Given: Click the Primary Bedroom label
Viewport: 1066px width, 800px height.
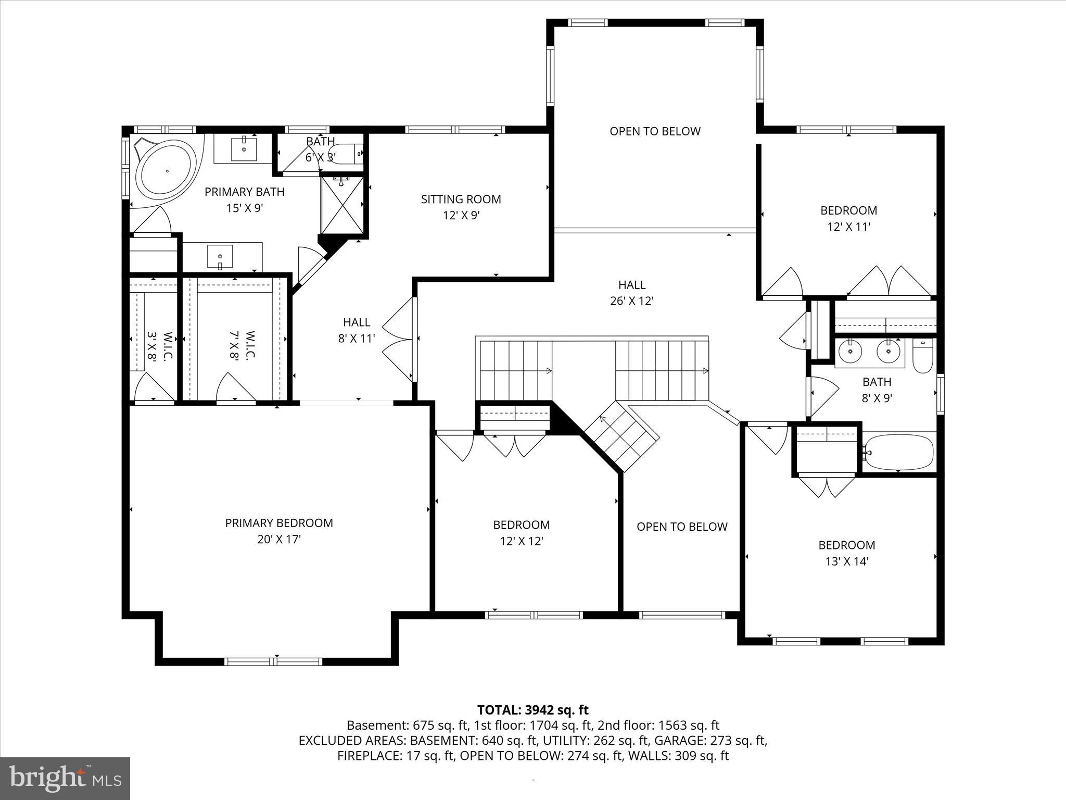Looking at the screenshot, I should coord(279,523).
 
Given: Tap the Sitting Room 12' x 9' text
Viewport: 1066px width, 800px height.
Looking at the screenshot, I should coord(461,207).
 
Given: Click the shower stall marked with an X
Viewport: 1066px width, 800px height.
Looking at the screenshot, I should coord(341,205).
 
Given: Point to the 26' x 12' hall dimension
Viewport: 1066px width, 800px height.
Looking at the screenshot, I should coord(631,301).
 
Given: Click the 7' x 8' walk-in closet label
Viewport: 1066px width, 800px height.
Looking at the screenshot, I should coord(242,345).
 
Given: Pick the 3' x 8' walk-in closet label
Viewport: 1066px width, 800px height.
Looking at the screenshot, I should coord(160,346).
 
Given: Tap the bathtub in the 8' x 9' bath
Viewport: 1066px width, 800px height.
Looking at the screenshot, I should coord(898,452).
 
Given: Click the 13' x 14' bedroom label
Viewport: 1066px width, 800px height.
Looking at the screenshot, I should coord(847,553).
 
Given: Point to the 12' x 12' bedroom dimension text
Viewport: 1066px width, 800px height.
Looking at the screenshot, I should coord(522,541).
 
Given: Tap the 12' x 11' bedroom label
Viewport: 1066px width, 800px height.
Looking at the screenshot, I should coord(848,218).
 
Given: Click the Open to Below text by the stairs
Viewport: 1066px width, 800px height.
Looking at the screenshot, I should coord(681,527).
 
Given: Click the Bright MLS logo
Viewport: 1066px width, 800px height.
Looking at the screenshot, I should coord(65,779).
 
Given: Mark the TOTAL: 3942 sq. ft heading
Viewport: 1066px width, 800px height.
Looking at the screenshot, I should coord(532,710).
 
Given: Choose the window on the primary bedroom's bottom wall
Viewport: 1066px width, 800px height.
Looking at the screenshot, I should coord(273,661).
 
